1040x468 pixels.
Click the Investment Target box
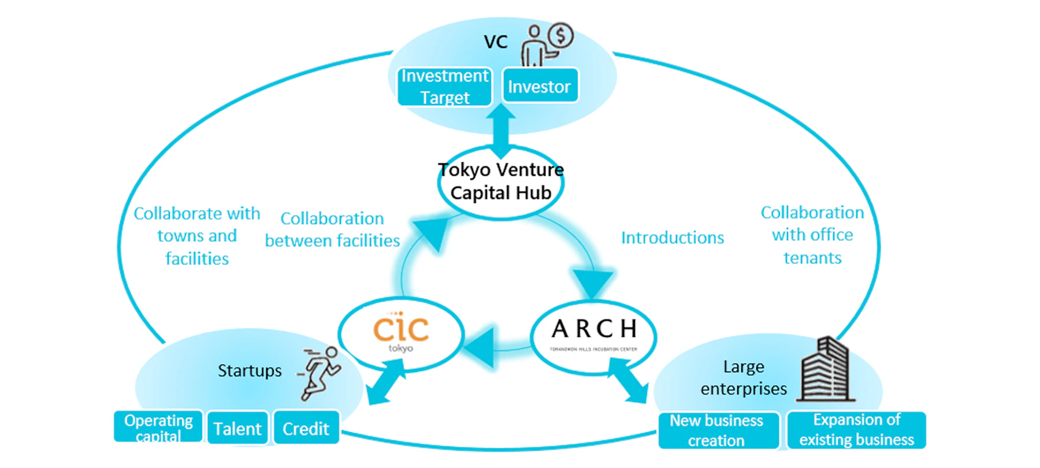444,87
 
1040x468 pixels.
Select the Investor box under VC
540,86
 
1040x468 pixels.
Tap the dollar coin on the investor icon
560,35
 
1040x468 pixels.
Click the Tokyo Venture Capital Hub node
500,181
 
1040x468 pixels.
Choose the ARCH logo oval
593,335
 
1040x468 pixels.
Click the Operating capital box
158,426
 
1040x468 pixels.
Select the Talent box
237,428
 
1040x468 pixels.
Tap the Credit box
306,428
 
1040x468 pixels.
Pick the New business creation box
716,430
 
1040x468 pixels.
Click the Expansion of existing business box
856,430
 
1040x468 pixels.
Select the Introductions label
672,237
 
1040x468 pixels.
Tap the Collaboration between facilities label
332,229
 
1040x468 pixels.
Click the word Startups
250,370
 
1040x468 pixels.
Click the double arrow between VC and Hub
500,129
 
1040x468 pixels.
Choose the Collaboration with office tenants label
812,235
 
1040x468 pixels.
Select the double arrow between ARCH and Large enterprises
628,381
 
